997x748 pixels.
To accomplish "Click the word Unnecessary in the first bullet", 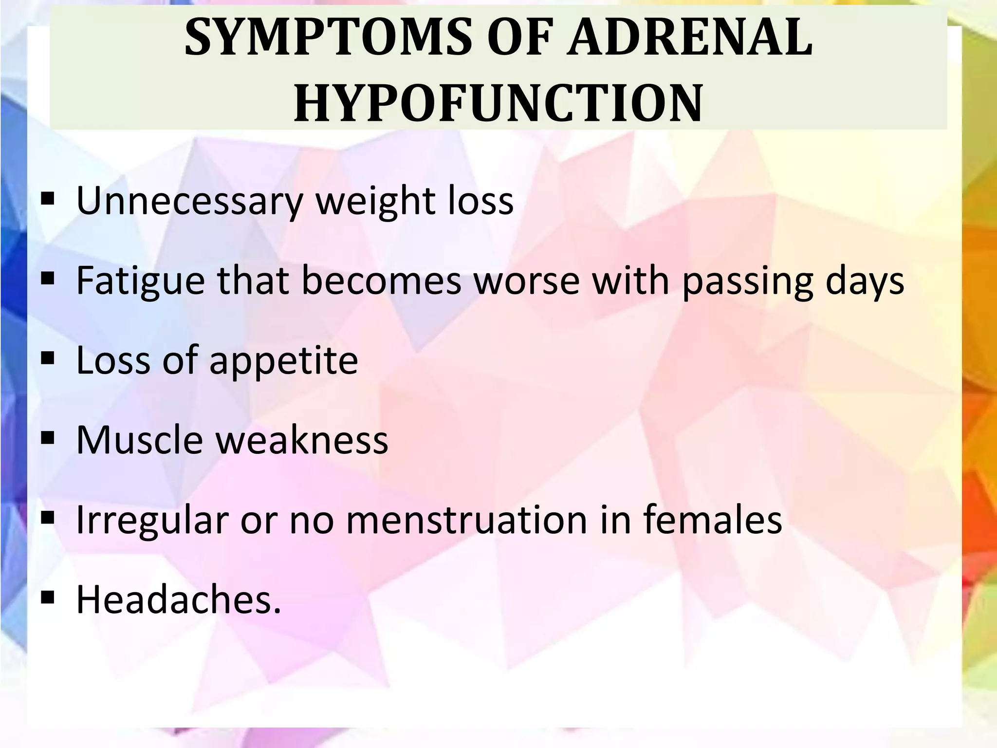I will pos(190,201).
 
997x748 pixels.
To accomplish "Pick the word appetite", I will pos(283,361).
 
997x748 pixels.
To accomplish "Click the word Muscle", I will pos(139,440).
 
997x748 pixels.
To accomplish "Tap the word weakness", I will pos(302,440).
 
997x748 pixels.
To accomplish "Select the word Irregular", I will pos(152,520).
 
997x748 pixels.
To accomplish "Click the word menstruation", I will pos(467,520).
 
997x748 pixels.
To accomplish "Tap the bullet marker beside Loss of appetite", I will pos(47,359).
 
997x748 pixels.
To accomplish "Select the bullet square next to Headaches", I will pos(47,598).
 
